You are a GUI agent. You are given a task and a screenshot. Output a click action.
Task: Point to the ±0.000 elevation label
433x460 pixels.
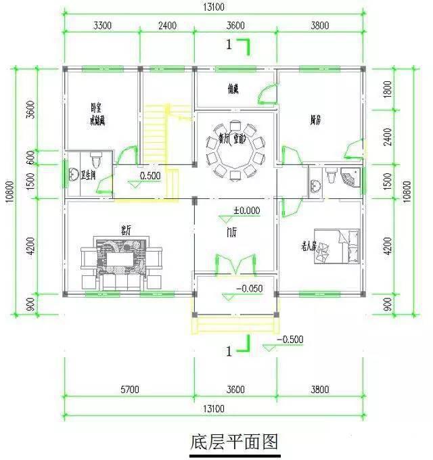tap(246, 210)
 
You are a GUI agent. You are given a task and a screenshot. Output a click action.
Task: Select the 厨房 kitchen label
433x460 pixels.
tap(315, 120)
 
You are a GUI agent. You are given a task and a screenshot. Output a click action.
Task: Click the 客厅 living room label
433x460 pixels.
tap(125, 229)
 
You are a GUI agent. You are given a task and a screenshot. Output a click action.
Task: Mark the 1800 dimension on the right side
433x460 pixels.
tap(387, 89)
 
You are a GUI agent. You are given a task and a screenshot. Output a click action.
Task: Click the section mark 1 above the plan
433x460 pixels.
tap(231, 45)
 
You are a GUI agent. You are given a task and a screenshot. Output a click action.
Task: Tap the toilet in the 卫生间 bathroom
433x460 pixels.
tap(95, 160)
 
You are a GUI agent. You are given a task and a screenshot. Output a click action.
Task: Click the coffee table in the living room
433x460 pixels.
tap(122, 259)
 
